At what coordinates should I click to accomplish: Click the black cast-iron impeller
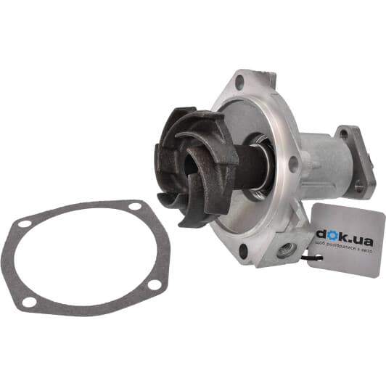(x=192, y=163)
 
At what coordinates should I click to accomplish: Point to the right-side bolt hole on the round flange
(x=292, y=163)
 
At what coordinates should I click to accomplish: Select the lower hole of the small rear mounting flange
(x=358, y=186)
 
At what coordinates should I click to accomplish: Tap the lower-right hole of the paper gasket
(x=154, y=285)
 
